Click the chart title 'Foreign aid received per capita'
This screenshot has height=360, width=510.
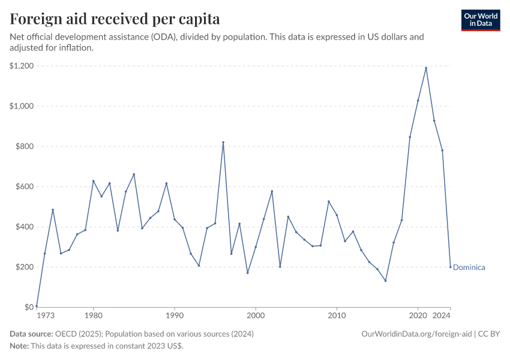[115, 18]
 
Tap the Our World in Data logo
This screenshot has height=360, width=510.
[481, 20]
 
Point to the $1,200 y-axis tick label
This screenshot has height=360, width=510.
[21, 65]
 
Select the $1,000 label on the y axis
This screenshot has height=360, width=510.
[21, 106]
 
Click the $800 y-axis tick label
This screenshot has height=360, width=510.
[24, 146]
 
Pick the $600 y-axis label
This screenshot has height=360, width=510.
[24, 186]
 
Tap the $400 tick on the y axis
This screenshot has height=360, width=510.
[24, 227]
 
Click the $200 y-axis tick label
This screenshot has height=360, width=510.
[24, 267]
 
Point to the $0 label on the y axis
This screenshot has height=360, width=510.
[28, 307]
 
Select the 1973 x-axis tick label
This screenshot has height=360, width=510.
[44, 315]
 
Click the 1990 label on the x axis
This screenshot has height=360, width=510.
[175, 315]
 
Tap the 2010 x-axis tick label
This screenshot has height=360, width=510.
[337, 315]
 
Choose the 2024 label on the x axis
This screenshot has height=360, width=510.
[442, 315]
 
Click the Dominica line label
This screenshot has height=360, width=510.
[469, 268]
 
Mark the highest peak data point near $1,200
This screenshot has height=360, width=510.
[426, 68]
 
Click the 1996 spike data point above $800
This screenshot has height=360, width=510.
[223, 142]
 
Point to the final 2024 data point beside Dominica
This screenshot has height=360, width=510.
[451, 267]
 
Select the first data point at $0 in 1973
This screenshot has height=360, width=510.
[37, 306]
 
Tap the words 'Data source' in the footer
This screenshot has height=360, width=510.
[31, 334]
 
